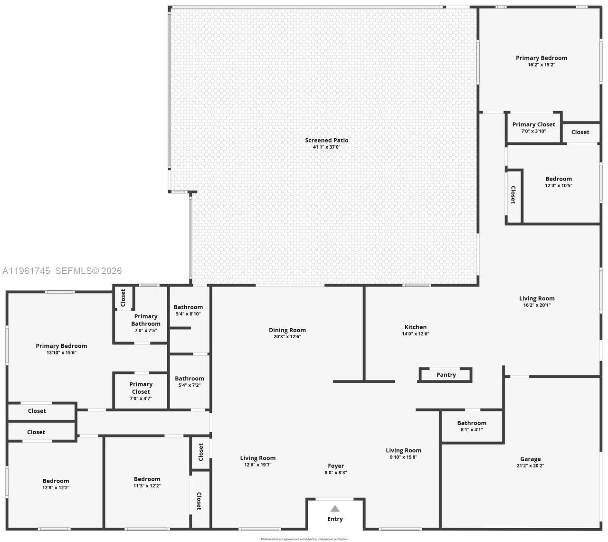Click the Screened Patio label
coord(326,140)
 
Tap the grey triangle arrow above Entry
coord(335,509)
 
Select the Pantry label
coord(446,375)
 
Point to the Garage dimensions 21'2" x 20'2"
coord(530,466)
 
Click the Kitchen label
coord(415,327)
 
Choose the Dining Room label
coord(287,330)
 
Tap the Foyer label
coord(336,466)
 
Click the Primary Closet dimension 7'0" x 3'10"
coord(533,131)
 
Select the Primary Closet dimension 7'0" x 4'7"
coord(141,399)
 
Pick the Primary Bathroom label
coord(146,320)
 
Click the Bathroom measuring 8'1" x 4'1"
coord(472,423)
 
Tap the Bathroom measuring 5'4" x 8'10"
coord(188,307)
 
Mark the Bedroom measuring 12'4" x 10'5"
coord(559,179)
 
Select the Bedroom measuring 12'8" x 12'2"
coord(56,481)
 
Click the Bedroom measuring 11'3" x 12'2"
coord(147,479)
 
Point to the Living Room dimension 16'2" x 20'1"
coord(537,305)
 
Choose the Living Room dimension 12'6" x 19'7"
coord(257,465)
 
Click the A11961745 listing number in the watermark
coord(26,271)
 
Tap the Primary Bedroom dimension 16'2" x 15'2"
coord(541,65)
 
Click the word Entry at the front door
coord(335,519)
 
